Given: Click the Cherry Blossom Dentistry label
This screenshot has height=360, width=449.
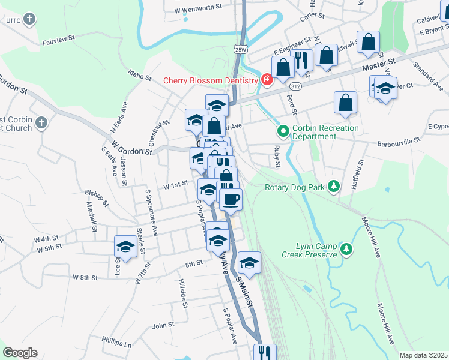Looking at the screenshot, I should pyautogui.click(x=211, y=80).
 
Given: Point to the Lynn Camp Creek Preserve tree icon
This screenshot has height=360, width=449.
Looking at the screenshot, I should pyautogui.click(x=345, y=249).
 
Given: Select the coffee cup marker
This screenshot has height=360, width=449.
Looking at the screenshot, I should pyautogui.click(x=231, y=199).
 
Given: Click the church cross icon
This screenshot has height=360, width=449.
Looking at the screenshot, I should pyautogui.click(x=40, y=123).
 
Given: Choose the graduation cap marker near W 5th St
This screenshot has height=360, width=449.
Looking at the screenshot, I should pyautogui.click(x=126, y=246).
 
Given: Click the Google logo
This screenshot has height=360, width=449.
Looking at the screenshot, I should pyautogui.click(x=20, y=353).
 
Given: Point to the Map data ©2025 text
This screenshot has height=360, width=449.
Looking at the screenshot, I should pyautogui.click(x=423, y=355).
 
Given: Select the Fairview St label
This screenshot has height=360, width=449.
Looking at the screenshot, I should pyautogui.click(x=58, y=41).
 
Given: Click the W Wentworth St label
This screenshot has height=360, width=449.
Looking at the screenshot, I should pyautogui.click(x=198, y=10).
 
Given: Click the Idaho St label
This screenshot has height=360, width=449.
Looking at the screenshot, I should pyautogui.click(x=140, y=76).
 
